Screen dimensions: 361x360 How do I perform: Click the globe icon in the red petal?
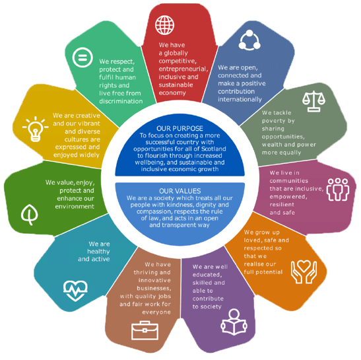click(164, 25)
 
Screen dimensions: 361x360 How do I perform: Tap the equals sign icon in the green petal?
click(82, 57)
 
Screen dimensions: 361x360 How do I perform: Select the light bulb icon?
click(35, 129)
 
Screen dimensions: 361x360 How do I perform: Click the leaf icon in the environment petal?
click(30, 215)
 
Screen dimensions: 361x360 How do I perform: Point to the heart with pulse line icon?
click(75, 291)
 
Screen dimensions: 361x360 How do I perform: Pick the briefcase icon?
click(145, 330)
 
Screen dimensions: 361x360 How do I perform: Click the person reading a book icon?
click(234, 322)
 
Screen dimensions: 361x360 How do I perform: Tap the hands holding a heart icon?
click(304, 272)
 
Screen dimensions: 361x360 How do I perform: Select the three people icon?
click(338, 190)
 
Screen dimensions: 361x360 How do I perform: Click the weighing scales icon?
click(313, 101)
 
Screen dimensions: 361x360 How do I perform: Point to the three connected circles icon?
click(249, 40)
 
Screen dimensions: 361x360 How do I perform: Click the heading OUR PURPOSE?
click(180, 128)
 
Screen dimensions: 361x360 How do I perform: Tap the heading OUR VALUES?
click(180, 191)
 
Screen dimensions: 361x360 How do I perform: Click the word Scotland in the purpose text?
click(213, 149)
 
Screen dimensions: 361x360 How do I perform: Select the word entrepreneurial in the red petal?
click(183, 69)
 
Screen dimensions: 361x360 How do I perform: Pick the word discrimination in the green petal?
click(121, 101)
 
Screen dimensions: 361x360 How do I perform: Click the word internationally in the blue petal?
click(240, 99)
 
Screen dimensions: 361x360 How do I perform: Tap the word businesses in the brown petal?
click(154, 288)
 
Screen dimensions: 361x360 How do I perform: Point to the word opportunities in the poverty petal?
click(283, 137)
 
